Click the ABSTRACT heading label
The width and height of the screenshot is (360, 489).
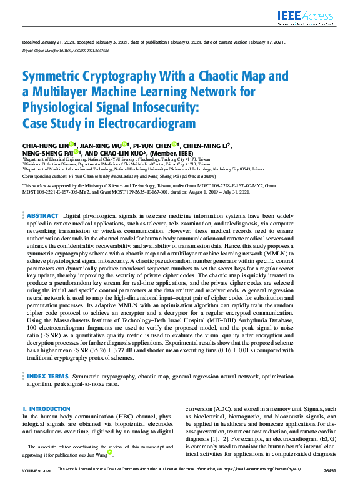[42, 215]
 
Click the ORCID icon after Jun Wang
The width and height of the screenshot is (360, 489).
[110, 452]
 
